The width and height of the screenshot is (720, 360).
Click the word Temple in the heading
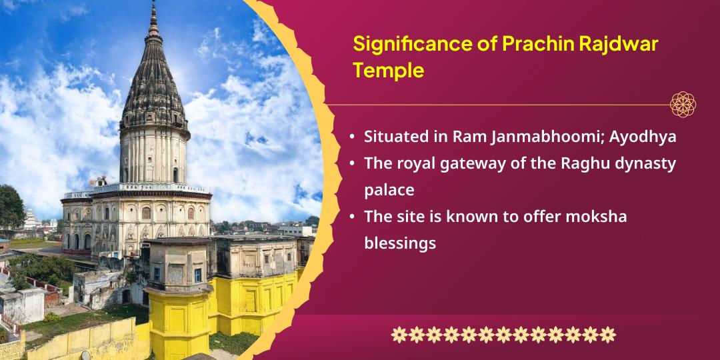[x=389, y=71]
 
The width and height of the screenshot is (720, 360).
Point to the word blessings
[x=400, y=244]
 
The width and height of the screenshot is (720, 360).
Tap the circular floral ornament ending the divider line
[x=683, y=104]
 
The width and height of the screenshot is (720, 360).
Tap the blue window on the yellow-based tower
[x=197, y=275]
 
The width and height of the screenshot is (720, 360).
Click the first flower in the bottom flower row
[x=399, y=335]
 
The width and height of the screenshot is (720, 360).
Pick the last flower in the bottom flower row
[x=607, y=335]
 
